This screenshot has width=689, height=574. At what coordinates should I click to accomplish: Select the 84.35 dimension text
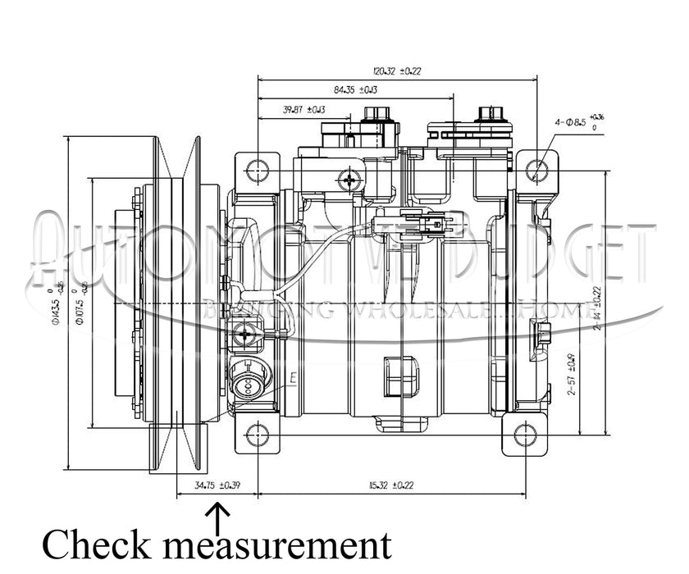355,89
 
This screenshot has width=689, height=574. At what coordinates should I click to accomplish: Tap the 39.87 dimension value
303,109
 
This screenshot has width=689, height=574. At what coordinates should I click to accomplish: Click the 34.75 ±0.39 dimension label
217,485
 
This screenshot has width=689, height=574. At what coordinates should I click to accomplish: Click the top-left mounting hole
258,171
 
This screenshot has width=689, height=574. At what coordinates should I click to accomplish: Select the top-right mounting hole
537,171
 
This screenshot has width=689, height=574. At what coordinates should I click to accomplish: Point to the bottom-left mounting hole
258,434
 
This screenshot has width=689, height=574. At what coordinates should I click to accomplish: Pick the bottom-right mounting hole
525,434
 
